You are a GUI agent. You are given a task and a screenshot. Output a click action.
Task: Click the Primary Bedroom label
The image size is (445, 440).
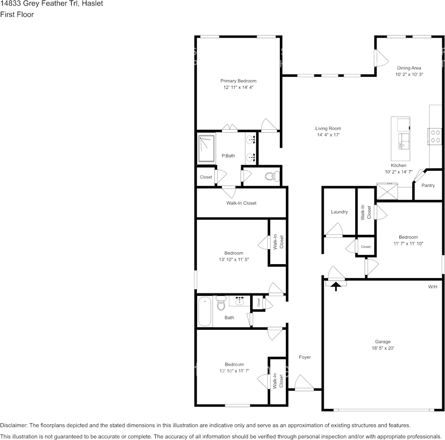click(x=239, y=81)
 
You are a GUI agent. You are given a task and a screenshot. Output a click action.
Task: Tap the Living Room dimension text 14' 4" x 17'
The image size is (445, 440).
click(x=328, y=135)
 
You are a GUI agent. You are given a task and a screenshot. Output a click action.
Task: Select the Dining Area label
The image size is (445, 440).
click(x=409, y=68)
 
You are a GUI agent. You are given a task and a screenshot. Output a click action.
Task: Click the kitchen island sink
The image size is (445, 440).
click(x=404, y=141)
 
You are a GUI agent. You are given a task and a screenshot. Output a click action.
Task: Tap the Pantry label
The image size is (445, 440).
click(x=428, y=186)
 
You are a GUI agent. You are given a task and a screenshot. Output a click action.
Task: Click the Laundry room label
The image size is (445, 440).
click(x=339, y=212)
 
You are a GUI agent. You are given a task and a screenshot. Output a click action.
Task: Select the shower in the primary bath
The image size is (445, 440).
click(x=206, y=148)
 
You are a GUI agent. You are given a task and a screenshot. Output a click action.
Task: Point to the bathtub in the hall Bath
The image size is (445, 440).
click(x=205, y=312)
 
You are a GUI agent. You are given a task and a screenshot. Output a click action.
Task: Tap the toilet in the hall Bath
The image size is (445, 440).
click(x=221, y=303)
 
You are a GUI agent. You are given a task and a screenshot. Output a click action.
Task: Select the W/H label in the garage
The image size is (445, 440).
click(x=432, y=287)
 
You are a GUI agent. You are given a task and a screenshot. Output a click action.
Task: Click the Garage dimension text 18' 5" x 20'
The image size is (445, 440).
click(x=383, y=348)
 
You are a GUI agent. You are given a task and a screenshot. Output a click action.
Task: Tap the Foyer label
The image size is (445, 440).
click(x=305, y=357)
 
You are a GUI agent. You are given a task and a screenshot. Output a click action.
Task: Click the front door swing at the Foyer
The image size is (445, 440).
click(x=304, y=382)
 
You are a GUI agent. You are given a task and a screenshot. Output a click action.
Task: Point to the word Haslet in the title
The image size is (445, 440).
click(x=92, y=4)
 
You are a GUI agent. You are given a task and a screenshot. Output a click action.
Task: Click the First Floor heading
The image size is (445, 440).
click(x=17, y=14)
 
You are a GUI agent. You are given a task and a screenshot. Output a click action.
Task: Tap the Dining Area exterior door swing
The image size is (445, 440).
click(x=381, y=58)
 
